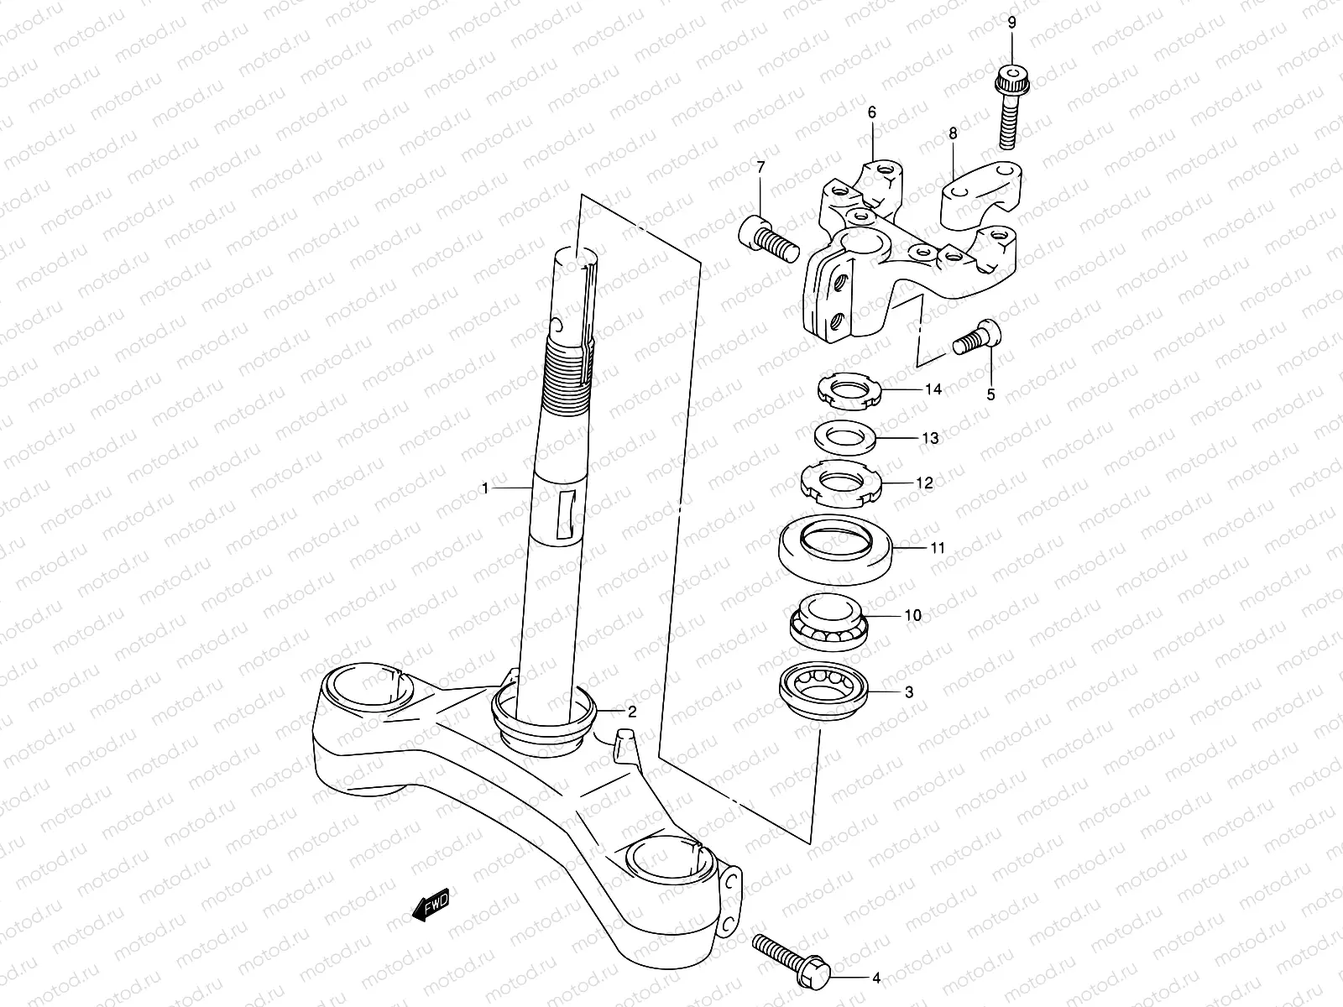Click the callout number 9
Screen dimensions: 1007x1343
click(x=1011, y=21)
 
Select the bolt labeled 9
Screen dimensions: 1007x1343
click(x=1013, y=109)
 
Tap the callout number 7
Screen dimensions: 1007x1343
click(x=761, y=168)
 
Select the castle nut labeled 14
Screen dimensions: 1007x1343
click(x=850, y=390)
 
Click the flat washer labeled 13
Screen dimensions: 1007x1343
click(x=847, y=437)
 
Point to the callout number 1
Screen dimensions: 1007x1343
click(x=484, y=488)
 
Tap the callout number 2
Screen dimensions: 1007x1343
click(x=631, y=712)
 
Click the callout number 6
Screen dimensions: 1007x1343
click(x=871, y=112)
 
